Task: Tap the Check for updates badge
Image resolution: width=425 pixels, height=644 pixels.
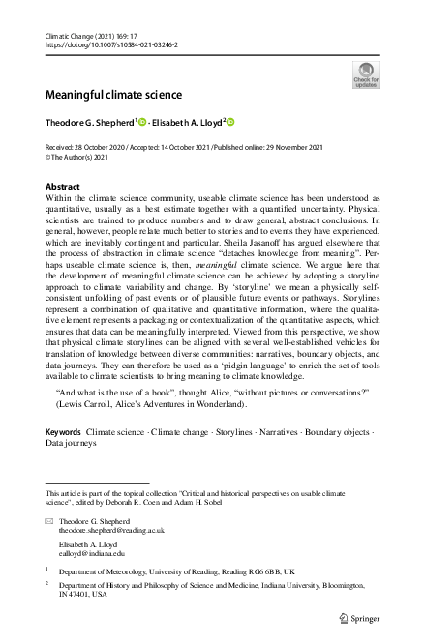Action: point(366,73)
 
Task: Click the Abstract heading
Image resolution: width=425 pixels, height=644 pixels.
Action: point(63,185)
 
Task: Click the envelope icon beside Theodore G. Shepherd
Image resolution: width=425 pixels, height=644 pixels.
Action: point(49,520)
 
